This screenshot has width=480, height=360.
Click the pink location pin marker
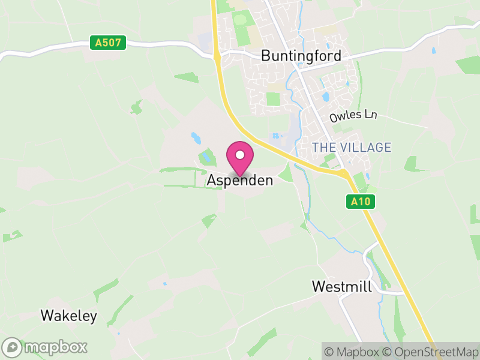pyautogui.click(x=240, y=158)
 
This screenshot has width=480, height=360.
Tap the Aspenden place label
pyautogui.click(x=240, y=180)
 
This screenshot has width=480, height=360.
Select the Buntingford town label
pyautogui.click(x=301, y=56)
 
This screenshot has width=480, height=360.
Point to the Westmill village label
pyautogui.click(x=342, y=287)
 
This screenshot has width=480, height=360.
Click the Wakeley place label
pyautogui.click(x=68, y=316)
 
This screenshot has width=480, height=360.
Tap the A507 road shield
pyautogui.click(x=109, y=43)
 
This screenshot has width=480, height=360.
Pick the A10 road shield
pyautogui.click(x=361, y=202)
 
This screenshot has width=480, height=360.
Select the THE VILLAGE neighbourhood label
pyautogui.click(x=352, y=148)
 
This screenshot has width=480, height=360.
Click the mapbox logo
pyautogui.click(x=45, y=347)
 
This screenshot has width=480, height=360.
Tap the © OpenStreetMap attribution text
pyautogui.click(x=431, y=352)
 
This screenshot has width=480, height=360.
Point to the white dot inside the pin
pyautogui.click(x=240, y=155)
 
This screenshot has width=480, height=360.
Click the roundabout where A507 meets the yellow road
pyautogui.click(x=216, y=56)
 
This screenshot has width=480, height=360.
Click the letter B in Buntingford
pyautogui.click(x=266, y=56)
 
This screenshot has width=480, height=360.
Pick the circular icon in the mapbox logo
pyautogui.click(x=12, y=347)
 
